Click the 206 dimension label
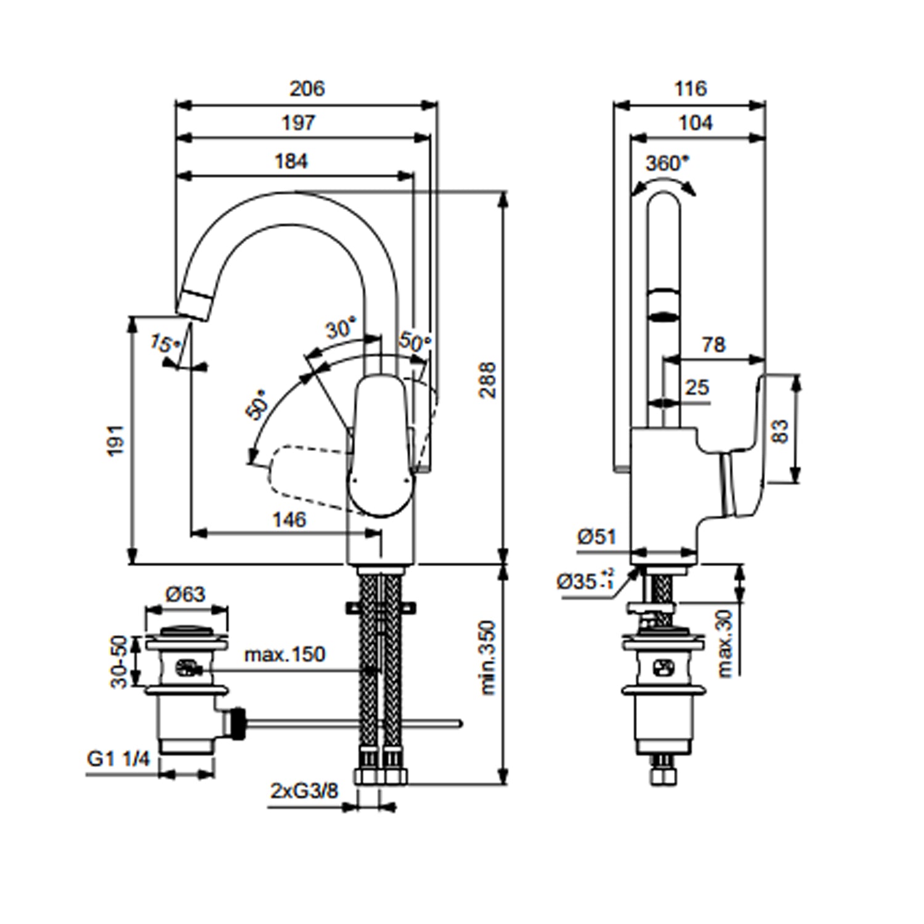pyautogui.click(x=307, y=89)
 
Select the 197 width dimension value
pyautogui.click(x=298, y=123)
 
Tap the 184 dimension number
pyautogui.click(x=291, y=161)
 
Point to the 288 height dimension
pyautogui.click(x=488, y=380)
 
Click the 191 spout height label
pyautogui.click(x=116, y=440)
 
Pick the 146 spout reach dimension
pyautogui.click(x=289, y=520)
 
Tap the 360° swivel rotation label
pyautogui.click(x=667, y=163)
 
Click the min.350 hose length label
pyautogui.click(x=488, y=657)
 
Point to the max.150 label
pyautogui.click(x=285, y=654)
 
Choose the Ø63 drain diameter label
pyautogui.click(x=185, y=594)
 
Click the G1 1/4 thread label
pyautogui.click(x=118, y=758)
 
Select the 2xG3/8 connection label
pyautogui.click(x=304, y=790)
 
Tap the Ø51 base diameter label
pyautogui.click(x=596, y=537)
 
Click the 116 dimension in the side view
pyautogui.click(x=690, y=89)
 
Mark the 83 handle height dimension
pyautogui.click(x=780, y=431)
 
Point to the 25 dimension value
pyautogui.click(x=697, y=387)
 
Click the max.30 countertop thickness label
pyautogui.click(x=726, y=643)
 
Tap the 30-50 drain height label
pyautogui.click(x=120, y=661)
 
